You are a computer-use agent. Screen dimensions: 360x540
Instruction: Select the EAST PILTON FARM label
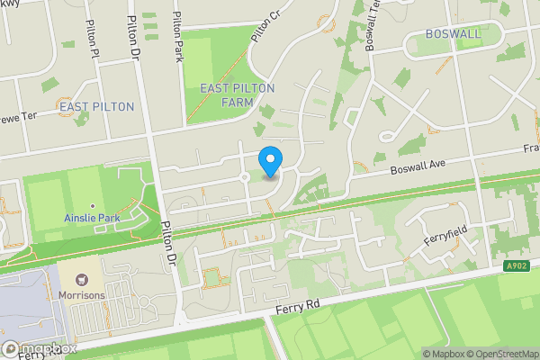pyautogui.click(x=238, y=94)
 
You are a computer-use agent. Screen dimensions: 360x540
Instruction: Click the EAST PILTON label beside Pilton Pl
pyautogui.click(x=95, y=106)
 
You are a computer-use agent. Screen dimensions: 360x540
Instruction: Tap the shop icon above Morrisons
pyautogui.click(x=83, y=281)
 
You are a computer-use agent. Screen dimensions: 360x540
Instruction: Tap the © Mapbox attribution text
pyautogui.click(x=444, y=354)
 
